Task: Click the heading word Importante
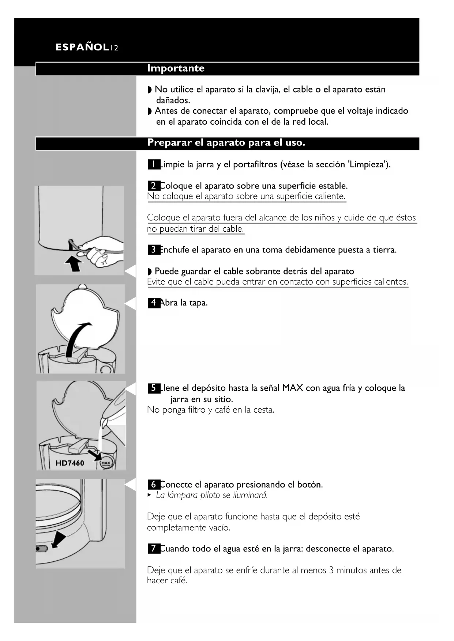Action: point(176,68)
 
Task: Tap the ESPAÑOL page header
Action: point(82,47)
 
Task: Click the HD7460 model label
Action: point(70,463)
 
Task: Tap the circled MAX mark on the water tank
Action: point(106,463)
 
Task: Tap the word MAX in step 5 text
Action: point(293,388)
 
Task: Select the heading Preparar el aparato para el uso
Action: point(226,143)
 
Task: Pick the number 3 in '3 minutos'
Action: point(331,570)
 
